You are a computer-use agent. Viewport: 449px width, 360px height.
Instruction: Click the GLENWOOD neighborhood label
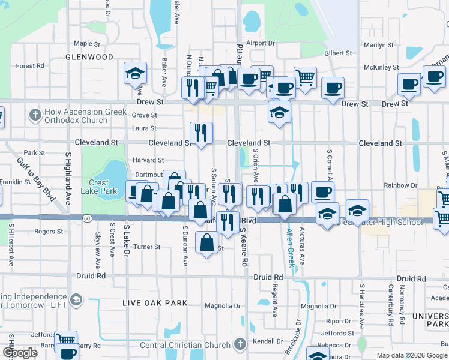(x=89, y=57)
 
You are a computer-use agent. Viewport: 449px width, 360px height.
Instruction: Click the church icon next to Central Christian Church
(x=240, y=344)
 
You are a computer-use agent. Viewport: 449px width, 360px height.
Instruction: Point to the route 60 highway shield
(x=88, y=218)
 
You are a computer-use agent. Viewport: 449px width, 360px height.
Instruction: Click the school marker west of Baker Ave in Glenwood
(x=135, y=74)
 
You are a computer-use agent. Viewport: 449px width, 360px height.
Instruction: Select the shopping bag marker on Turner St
(x=207, y=242)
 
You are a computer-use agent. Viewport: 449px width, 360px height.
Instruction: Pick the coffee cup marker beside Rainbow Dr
(x=322, y=192)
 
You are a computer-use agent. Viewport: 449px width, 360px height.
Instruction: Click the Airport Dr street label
(x=260, y=43)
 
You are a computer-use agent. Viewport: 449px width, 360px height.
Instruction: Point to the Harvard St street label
(x=149, y=160)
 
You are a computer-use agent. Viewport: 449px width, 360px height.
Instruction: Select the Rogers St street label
(x=49, y=231)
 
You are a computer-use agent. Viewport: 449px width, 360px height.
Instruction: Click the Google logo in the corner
(x=20, y=353)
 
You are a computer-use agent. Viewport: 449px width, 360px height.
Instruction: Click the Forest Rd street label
(x=31, y=66)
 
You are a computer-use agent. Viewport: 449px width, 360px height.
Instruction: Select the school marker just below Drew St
(x=279, y=112)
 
